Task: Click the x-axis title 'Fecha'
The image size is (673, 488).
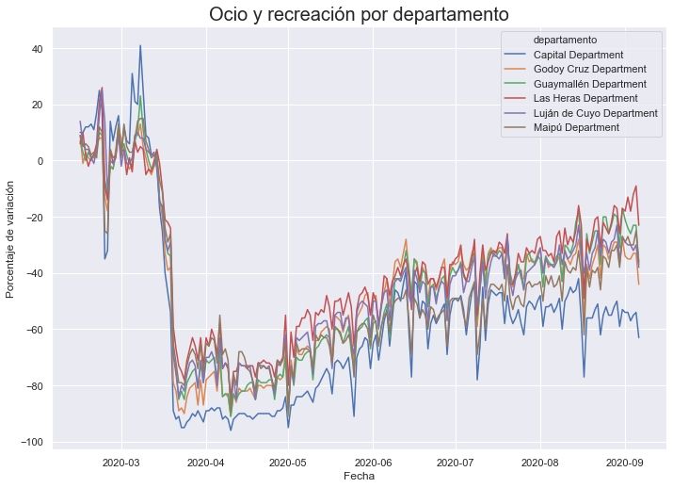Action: click(x=359, y=478)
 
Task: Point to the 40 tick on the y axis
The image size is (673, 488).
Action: click(x=37, y=48)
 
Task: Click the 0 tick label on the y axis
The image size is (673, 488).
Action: click(x=40, y=161)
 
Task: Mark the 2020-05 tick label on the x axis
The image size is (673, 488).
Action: click(x=287, y=462)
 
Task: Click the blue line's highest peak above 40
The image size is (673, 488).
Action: click(x=140, y=45)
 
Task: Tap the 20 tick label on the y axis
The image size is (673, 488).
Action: click(x=37, y=105)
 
